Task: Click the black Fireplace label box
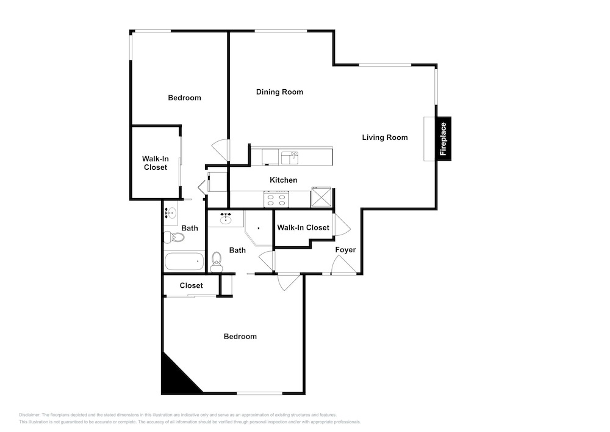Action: tap(443, 138)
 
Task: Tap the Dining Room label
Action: tap(279, 92)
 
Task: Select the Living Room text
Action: tap(385, 137)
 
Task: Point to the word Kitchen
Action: tap(283, 180)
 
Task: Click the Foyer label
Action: tap(345, 250)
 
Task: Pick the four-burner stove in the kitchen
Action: tap(276, 199)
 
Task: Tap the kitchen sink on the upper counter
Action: tap(290, 158)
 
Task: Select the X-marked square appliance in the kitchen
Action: tap(321, 197)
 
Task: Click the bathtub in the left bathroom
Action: tap(184, 262)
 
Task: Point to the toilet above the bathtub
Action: tap(174, 237)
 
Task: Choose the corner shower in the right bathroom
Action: tap(258, 229)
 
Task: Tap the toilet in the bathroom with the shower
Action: tap(217, 262)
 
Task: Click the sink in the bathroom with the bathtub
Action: tap(170, 213)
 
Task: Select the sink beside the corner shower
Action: tap(226, 219)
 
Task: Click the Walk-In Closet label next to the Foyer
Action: tap(303, 227)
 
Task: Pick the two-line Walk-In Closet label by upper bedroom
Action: tap(155, 163)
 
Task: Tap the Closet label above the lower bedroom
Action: tap(191, 285)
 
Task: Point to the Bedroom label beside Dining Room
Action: tap(184, 98)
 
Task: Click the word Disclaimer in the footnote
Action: tap(29, 415)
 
